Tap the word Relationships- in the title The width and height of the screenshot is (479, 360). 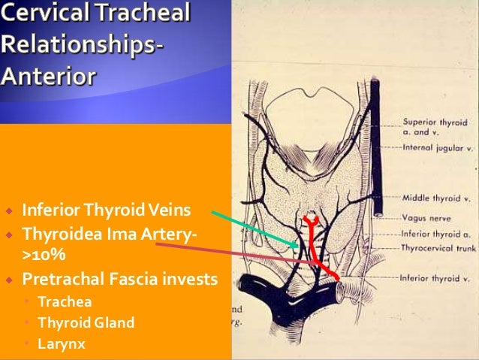pos(82,44)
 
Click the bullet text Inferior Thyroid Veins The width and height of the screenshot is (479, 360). pos(107,208)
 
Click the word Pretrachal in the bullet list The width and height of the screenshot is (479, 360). pos(64,279)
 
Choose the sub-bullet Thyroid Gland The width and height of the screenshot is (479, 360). pos(86,322)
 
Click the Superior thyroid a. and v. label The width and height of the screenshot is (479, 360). pos(434,125)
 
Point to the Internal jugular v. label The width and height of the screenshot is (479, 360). pos(438,148)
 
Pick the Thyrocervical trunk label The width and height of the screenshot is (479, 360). pos(438,247)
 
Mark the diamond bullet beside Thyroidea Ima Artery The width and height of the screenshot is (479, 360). pos(11,235)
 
